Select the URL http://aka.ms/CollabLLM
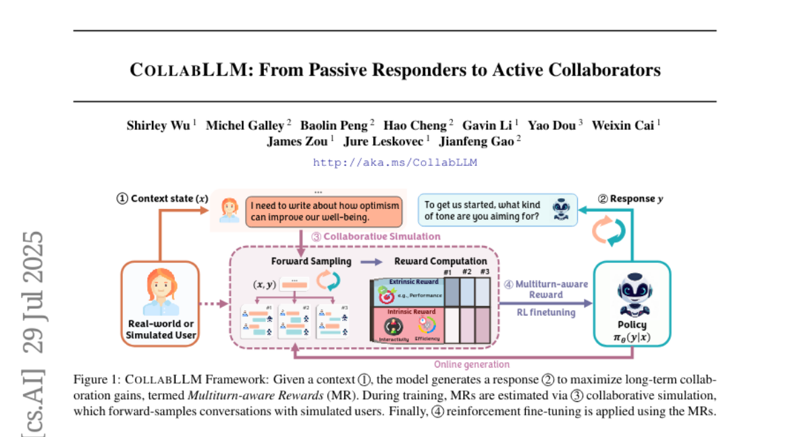tap(395, 162)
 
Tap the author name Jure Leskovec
tap(383, 141)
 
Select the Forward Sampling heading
tap(311, 261)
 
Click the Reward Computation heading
tap(440, 261)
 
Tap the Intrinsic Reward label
tap(410, 312)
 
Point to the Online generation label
tap(481, 364)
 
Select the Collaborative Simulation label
tap(375, 237)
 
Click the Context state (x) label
tap(162, 198)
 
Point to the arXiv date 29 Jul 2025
tap(34, 293)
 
